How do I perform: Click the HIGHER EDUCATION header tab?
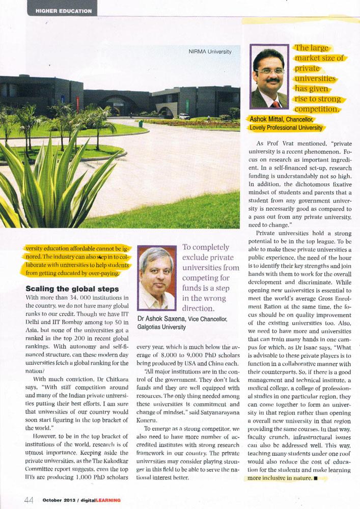tap(64, 11)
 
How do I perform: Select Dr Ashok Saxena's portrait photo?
tap(157, 278)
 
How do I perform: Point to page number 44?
tap(29, 500)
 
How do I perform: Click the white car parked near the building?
tap(184, 116)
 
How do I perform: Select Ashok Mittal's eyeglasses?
tap(271, 71)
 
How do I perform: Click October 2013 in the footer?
tap(60, 500)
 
